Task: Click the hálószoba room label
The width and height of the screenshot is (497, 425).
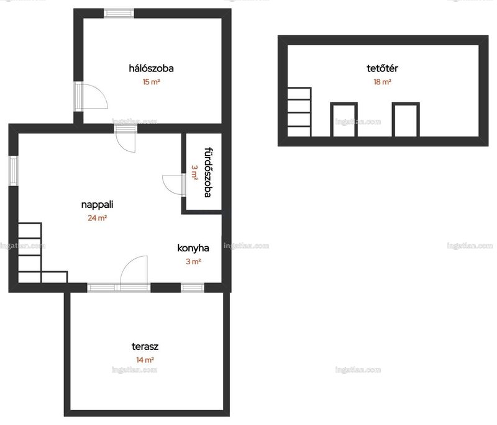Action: tap(151, 68)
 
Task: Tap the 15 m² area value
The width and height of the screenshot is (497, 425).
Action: tap(151, 82)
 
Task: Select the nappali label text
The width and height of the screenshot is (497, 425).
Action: tap(98, 205)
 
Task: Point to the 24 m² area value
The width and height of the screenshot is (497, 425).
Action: tap(98, 218)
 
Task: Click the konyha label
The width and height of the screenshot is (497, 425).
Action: tap(193, 248)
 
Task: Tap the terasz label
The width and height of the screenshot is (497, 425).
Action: tap(145, 347)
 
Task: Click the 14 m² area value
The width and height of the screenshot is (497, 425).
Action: tap(145, 360)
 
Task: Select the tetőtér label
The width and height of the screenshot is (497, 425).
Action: tap(382, 68)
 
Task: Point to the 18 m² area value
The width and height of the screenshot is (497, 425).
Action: tap(382, 82)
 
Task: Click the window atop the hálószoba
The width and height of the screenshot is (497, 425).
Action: tap(119, 13)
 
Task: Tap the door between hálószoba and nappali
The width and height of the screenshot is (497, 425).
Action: tap(126, 138)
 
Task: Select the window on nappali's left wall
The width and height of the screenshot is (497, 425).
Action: tap(13, 171)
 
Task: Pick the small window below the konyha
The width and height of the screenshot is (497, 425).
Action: tap(193, 288)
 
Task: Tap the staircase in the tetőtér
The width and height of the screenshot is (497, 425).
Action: tap(299, 112)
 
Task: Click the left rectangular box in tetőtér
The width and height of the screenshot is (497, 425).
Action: tap(344, 120)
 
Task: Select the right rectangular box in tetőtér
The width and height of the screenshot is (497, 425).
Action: tap(406, 120)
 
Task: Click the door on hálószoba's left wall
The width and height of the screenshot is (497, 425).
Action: tap(91, 97)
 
